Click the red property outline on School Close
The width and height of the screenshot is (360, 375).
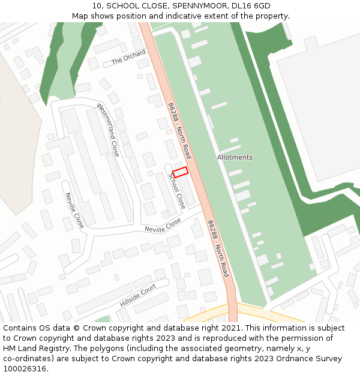pyautogui.click(x=180, y=172)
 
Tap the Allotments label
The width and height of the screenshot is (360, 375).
pyautogui.click(x=235, y=157)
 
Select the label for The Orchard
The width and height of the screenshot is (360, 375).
pyautogui.click(x=128, y=58)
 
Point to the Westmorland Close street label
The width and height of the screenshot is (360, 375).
pyautogui.click(x=108, y=130)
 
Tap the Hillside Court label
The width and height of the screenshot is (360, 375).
pyautogui.click(x=137, y=296)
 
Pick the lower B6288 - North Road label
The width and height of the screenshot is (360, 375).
pyautogui.click(x=218, y=248)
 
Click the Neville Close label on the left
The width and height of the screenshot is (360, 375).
pyautogui.click(x=74, y=211)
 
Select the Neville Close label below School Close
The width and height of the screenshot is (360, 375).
pyautogui.click(x=163, y=225)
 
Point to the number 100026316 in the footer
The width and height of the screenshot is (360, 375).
pyautogui.click(x=25, y=368)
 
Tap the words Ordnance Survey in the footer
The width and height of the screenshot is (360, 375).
pyautogui.click(x=313, y=358)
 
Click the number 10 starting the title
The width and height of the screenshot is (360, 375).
pyautogui.click(x=97, y=6)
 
